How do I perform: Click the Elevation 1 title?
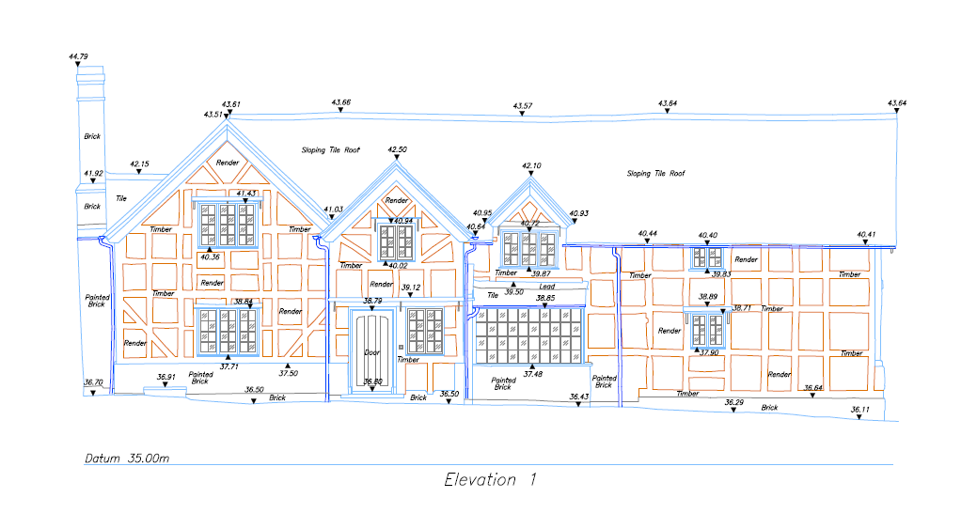[490, 480]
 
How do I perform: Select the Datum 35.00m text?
[126, 459]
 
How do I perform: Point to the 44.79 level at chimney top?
[78, 57]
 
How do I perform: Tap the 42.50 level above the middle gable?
[398, 149]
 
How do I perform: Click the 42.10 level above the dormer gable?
[531, 165]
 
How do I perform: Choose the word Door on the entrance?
[372, 353]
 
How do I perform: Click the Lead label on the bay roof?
[547, 286]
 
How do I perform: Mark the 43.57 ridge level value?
[523, 106]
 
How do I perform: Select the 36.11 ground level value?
[860, 410]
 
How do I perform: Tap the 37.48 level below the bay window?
[532, 374]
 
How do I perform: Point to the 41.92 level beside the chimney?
[93, 173]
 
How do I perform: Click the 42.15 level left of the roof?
[139, 164]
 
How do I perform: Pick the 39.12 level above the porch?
[411, 288]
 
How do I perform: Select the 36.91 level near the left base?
[165, 378]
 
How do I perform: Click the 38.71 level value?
[742, 307]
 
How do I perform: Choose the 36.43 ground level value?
[579, 397]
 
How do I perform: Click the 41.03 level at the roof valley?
[333, 210]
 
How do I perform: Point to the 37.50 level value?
[289, 373]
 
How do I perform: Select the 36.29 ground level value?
[734, 402]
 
